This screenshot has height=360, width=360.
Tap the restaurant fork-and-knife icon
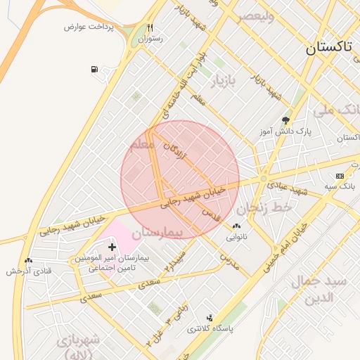(150, 28)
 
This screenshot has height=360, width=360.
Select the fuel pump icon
(94, 69)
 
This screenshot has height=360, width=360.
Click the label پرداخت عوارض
(84, 27)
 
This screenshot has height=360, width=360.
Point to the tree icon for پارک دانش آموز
(285, 120)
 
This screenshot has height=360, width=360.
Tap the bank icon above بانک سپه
(340, 175)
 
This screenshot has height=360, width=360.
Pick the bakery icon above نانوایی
(236, 226)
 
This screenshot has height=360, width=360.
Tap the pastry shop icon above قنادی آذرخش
(28, 261)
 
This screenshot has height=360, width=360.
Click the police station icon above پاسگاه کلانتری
(209, 318)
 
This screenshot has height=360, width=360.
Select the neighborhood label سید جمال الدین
(324, 289)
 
